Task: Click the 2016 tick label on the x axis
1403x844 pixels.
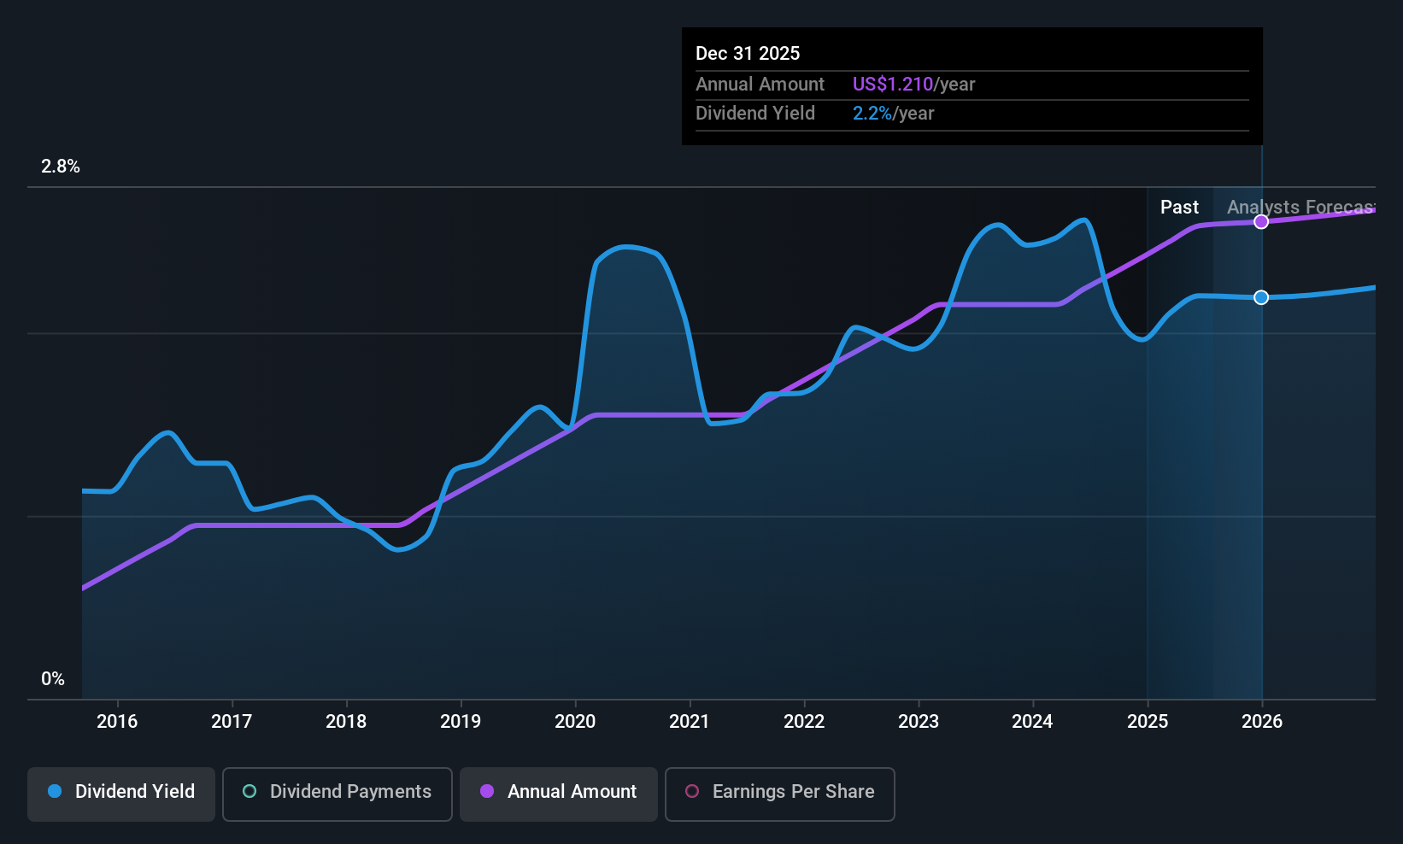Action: click(117, 721)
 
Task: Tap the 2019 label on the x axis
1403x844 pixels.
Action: click(461, 721)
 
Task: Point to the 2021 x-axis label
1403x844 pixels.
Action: click(690, 721)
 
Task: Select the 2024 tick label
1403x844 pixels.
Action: click(1032, 721)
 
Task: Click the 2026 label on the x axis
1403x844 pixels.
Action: click(1262, 721)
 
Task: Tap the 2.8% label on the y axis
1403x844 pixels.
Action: click(61, 167)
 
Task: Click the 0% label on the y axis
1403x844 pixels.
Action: click(53, 679)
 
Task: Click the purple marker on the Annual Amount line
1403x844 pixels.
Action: click(1261, 222)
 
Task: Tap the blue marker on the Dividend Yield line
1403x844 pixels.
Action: click(1261, 297)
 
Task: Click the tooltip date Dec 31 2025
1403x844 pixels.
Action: click(748, 53)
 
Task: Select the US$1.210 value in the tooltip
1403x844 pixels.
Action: click(893, 84)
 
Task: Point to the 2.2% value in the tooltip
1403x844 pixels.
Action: click(872, 113)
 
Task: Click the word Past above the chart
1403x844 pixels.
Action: click(1179, 207)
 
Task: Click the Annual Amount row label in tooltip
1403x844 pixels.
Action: click(760, 84)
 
